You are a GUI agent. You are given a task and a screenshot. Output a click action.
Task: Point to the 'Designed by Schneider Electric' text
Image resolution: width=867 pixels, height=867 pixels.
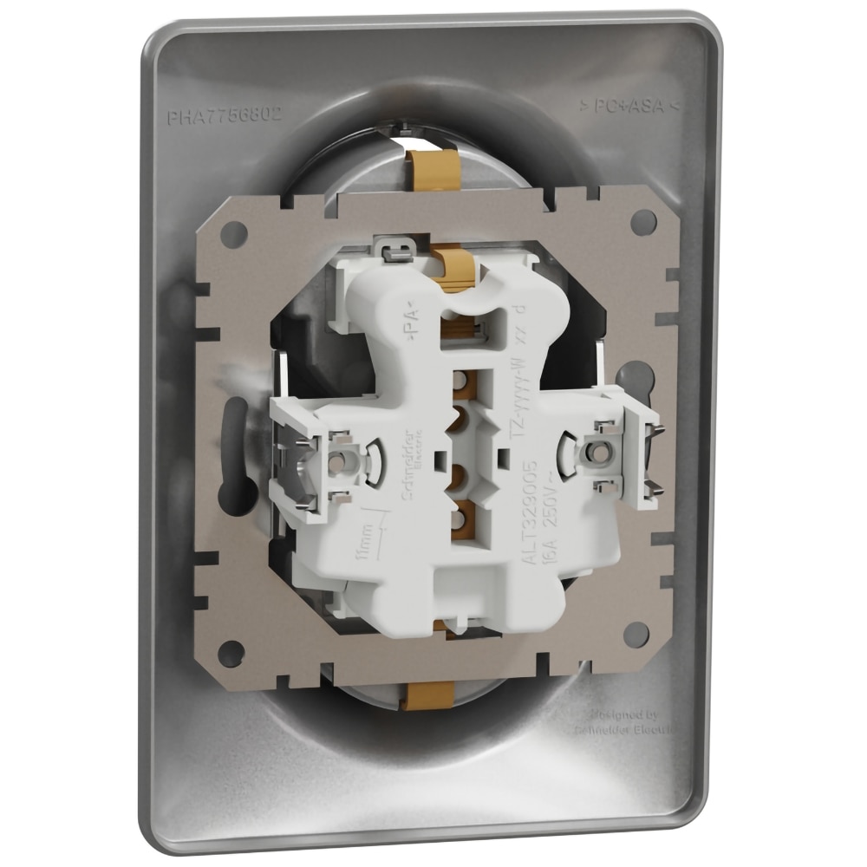click(x=630, y=722)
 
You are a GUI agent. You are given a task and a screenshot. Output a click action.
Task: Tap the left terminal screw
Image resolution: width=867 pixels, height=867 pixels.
click(x=344, y=453)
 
